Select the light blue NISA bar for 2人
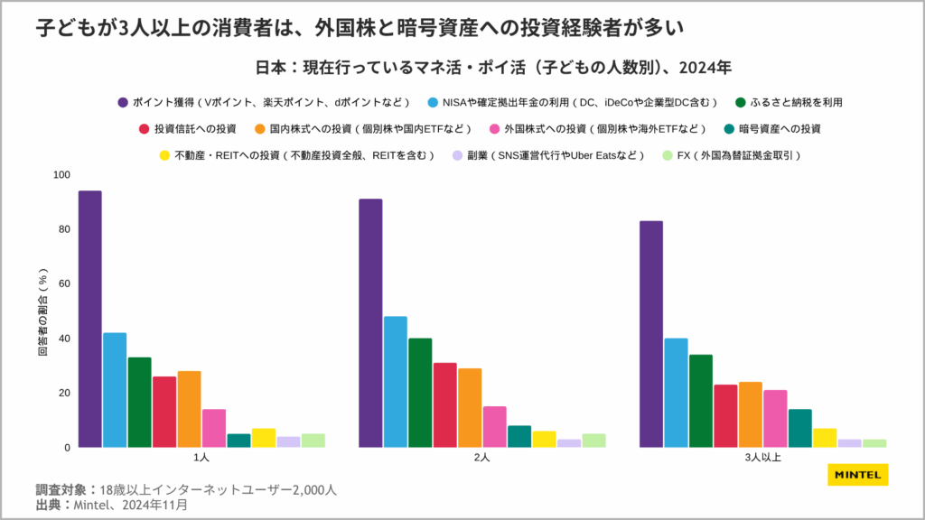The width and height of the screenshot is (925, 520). (x=395, y=381)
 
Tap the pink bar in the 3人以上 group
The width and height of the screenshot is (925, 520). (x=775, y=418)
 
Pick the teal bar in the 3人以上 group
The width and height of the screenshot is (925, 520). (x=800, y=428)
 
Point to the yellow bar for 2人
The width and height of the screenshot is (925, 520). (x=544, y=439)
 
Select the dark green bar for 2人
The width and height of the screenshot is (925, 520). (x=420, y=393)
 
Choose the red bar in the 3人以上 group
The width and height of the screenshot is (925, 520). (x=725, y=415)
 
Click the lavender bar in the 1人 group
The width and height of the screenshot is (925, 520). (x=288, y=441)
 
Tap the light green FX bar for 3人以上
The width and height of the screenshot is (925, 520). (x=874, y=442)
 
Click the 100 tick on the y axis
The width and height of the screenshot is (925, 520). (x=61, y=174)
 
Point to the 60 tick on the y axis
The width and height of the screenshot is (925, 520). (x=64, y=283)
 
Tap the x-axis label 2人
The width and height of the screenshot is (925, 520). (x=481, y=458)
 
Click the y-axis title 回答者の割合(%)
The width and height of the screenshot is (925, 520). (x=42, y=311)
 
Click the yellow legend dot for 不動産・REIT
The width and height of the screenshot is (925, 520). (x=164, y=155)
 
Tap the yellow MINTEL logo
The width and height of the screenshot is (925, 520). (x=857, y=476)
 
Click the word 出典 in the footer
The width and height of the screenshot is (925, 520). (x=48, y=505)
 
